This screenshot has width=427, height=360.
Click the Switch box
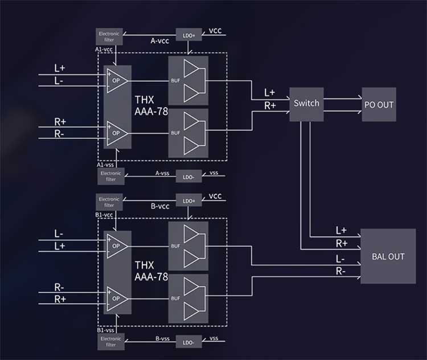[306, 104]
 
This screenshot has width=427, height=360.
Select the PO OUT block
[379, 104]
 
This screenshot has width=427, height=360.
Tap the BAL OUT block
[388, 256]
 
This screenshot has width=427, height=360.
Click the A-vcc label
[160, 41]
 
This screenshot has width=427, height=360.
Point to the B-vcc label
[160, 206]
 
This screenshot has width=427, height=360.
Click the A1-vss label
[105, 165]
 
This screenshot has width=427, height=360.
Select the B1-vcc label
[104, 215]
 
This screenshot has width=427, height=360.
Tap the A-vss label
[162, 173]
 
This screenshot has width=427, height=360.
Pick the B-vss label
[163, 338]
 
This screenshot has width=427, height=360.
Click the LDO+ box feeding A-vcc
[188, 35]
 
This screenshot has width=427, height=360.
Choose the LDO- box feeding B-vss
[188, 342]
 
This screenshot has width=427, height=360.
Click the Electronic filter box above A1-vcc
[109, 36]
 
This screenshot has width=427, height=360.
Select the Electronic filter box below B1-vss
[111, 342]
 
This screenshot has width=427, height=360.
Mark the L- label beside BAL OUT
[340, 259]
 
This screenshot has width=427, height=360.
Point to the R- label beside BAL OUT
[340, 271]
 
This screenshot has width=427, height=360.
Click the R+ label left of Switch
[270, 105]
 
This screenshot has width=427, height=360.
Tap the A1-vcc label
[104, 50]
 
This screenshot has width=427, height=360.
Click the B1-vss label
[106, 330]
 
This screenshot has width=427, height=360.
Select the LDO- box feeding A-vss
[188, 177]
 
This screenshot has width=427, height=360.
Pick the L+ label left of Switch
[270, 93]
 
